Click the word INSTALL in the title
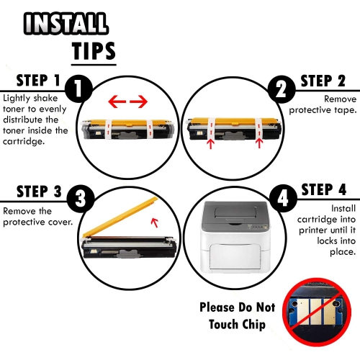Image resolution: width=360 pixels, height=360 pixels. click(x=66, y=23)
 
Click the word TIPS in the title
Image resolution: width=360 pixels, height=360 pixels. click(x=94, y=51)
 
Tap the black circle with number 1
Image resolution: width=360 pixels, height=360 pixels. click(x=78, y=89)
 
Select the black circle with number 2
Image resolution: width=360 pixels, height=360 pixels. click(x=282, y=89)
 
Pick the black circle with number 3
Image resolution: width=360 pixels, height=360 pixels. click(x=80, y=199)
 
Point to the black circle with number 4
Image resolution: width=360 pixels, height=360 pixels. click(x=283, y=199)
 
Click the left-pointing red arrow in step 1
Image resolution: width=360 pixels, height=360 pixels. click(x=117, y=102)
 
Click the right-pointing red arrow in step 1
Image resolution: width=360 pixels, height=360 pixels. click(x=139, y=102)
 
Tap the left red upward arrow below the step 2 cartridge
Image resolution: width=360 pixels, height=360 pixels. click(x=211, y=144)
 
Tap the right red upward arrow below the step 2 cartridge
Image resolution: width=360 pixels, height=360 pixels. click(x=259, y=143)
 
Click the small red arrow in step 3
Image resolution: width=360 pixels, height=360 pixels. click(x=155, y=222)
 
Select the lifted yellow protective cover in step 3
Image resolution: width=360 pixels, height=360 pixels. click(x=120, y=217)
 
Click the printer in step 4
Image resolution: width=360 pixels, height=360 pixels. click(x=236, y=237)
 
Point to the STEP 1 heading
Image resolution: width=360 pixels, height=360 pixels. click(x=38, y=81)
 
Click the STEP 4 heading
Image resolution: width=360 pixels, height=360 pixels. click(x=324, y=189)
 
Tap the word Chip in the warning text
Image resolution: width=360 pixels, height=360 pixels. click(x=254, y=325)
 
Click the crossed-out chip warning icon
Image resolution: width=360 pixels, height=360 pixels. click(x=317, y=312)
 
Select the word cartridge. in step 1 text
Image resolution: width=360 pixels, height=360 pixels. click(x=24, y=141)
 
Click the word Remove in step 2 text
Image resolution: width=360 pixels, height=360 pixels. click(x=340, y=99)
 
